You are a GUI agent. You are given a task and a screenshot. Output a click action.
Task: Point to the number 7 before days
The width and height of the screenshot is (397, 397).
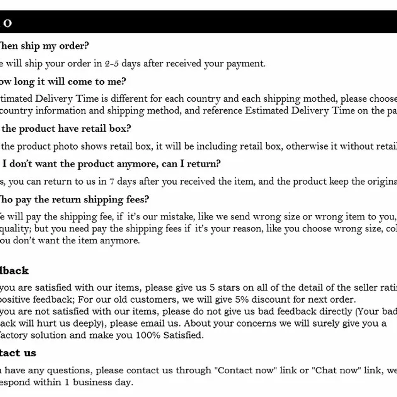pyautogui.click(x=111, y=181)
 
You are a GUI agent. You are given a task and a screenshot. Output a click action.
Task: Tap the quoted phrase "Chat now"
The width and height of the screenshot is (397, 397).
pyautogui.click(x=336, y=370)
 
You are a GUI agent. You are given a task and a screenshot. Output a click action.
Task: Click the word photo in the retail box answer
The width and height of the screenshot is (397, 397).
pyautogui.click(x=65, y=146)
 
